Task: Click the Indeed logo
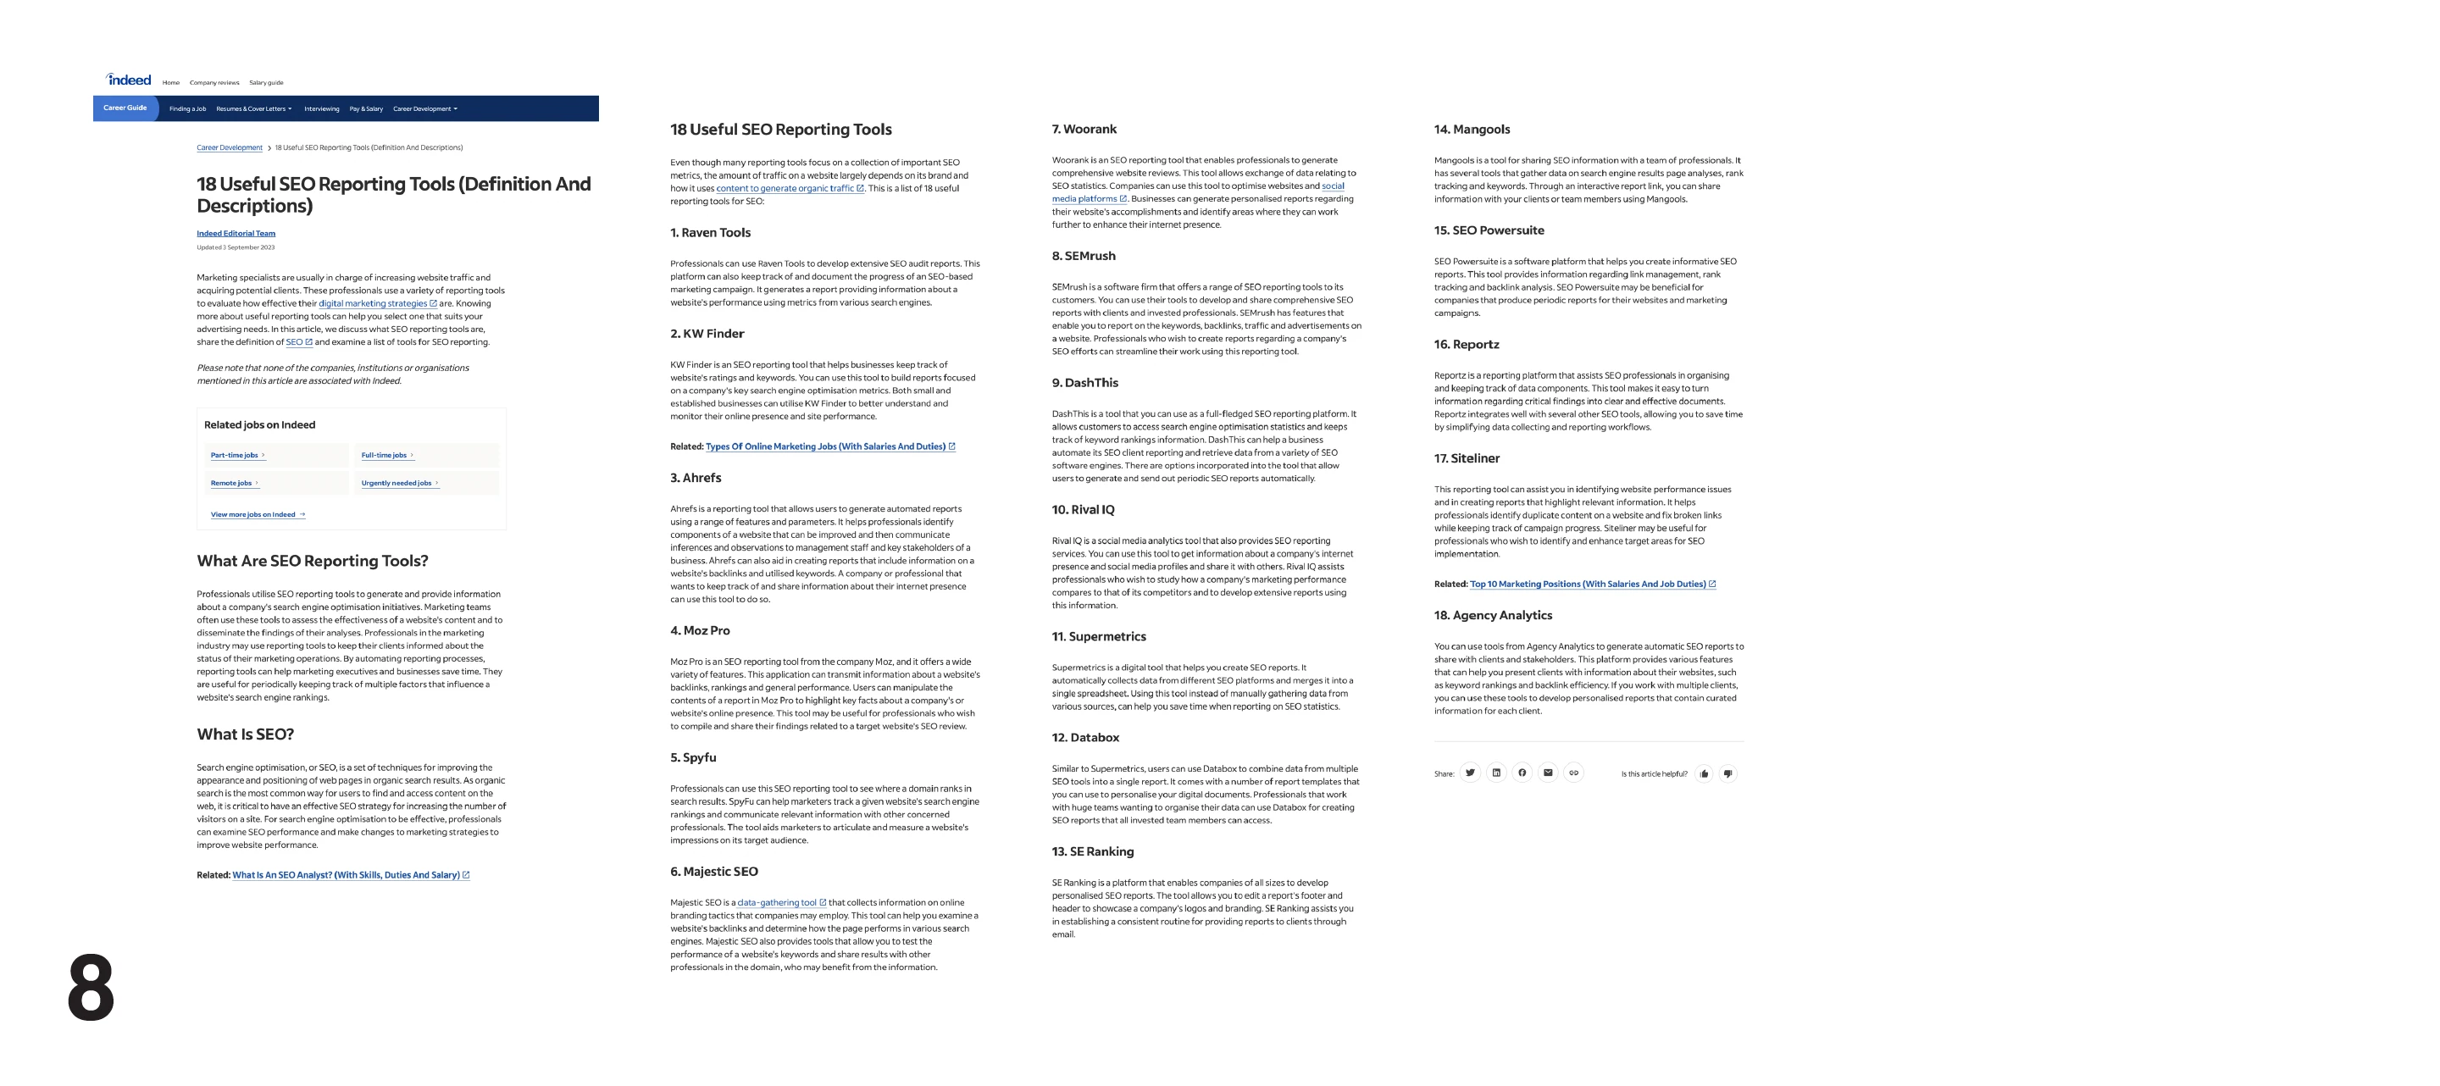click(129, 80)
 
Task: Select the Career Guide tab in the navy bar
click(125, 108)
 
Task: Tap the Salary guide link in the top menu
click(266, 83)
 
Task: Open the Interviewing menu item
click(321, 109)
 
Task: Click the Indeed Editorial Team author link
click(236, 234)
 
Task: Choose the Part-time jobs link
click(234, 456)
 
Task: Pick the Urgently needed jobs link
click(396, 484)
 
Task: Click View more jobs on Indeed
click(253, 515)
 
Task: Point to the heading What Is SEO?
click(246, 734)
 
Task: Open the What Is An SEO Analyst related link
click(346, 876)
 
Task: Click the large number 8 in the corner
click(91, 988)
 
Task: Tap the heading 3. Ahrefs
click(696, 478)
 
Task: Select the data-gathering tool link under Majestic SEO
click(777, 903)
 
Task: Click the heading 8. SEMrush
click(1084, 257)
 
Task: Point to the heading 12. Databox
click(1085, 738)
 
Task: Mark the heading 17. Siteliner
click(1467, 459)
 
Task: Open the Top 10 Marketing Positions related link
click(1588, 585)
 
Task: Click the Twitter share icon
click(1470, 773)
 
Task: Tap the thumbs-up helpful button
click(1704, 774)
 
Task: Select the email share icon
click(1548, 773)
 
